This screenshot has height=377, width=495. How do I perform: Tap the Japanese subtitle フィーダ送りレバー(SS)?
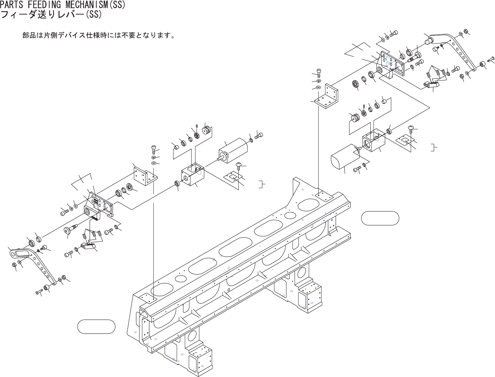[51, 15]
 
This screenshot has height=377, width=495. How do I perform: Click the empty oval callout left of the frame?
[96, 326]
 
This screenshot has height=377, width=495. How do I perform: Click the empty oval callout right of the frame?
[380, 218]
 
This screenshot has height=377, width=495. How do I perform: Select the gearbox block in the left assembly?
[192, 174]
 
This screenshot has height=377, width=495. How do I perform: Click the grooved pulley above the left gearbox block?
[206, 130]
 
